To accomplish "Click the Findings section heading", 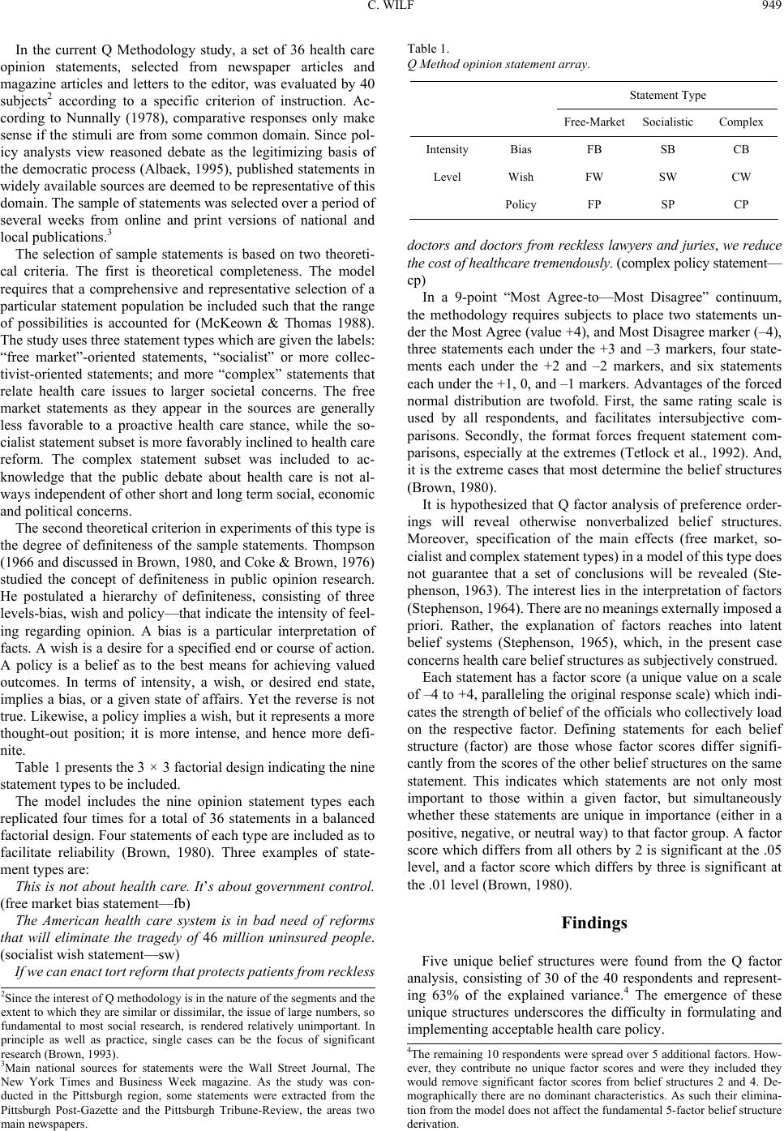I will tap(594, 923).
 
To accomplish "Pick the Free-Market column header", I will tap(594, 122).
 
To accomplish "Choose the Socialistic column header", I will tap(667, 122).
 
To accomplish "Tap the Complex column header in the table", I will tap(740, 122).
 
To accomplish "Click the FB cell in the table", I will tap(594, 149).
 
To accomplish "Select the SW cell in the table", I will tap(667, 176).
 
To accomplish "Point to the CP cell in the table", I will tap(741, 204).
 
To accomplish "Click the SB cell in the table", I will tap(667, 149).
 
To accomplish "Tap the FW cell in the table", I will tap(594, 176).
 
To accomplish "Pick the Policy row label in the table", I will tap(521, 204).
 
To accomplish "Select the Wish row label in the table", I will tap(521, 176).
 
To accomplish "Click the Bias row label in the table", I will tap(521, 149).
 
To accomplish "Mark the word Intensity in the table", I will tap(447, 149).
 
